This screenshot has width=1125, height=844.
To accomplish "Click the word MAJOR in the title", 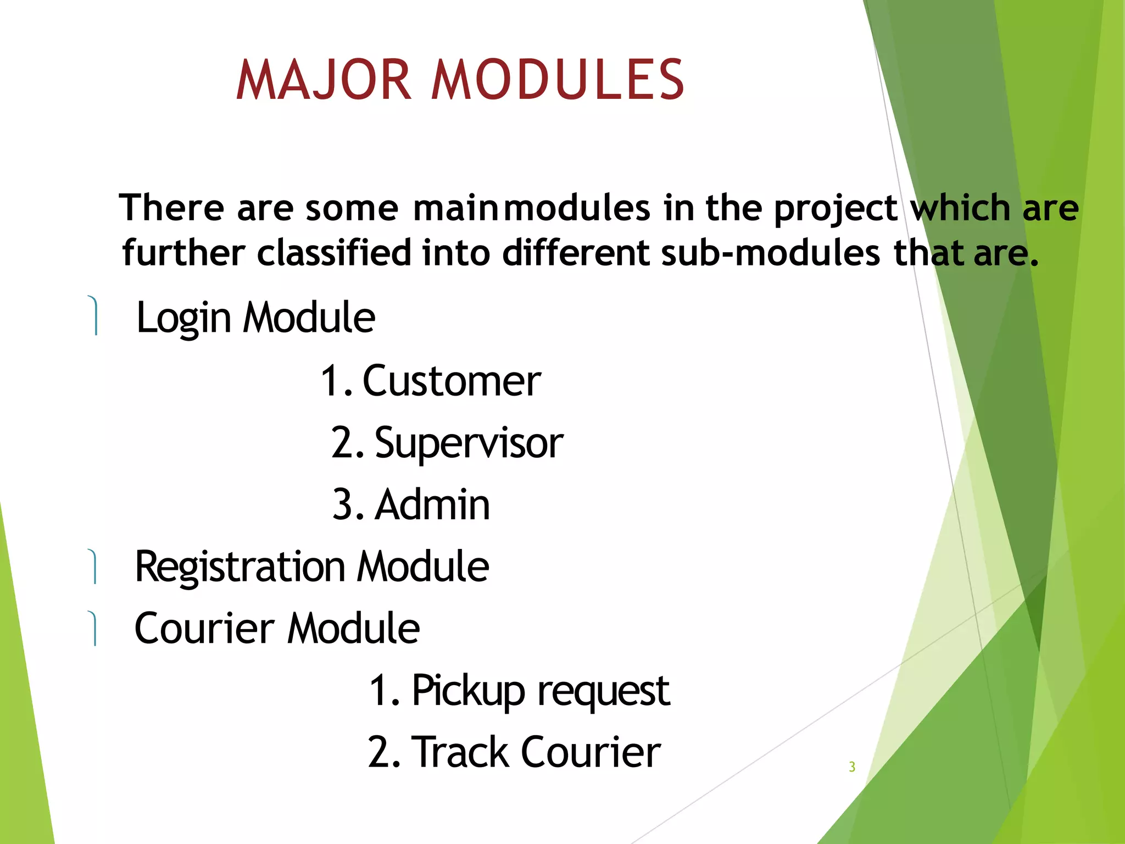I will (x=324, y=80).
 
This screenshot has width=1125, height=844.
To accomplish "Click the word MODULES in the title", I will (x=558, y=80).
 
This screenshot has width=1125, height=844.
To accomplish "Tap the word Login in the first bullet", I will (x=183, y=319).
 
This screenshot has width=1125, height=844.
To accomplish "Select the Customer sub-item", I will (x=452, y=381).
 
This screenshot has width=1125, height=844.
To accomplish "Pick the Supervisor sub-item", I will (x=469, y=444).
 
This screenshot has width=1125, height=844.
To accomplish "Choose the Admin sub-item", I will (x=432, y=504).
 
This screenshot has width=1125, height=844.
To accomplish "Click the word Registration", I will (x=240, y=567).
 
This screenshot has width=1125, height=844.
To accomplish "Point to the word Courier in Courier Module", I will (x=204, y=629).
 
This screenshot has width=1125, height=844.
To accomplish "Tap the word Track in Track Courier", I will (x=460, y=752).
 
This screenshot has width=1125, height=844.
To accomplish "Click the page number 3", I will (x=852, y=767).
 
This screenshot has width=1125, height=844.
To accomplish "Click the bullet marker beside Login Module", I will (x=94, y=315).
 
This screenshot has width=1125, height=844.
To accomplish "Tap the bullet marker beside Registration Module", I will (x=93, y=567).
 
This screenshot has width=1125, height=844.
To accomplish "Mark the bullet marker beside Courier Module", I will (x=93, y=628).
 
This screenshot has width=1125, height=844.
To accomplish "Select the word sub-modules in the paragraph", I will (x=770, y=254).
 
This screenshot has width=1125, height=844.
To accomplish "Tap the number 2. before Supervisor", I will (x=348, y=443).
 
